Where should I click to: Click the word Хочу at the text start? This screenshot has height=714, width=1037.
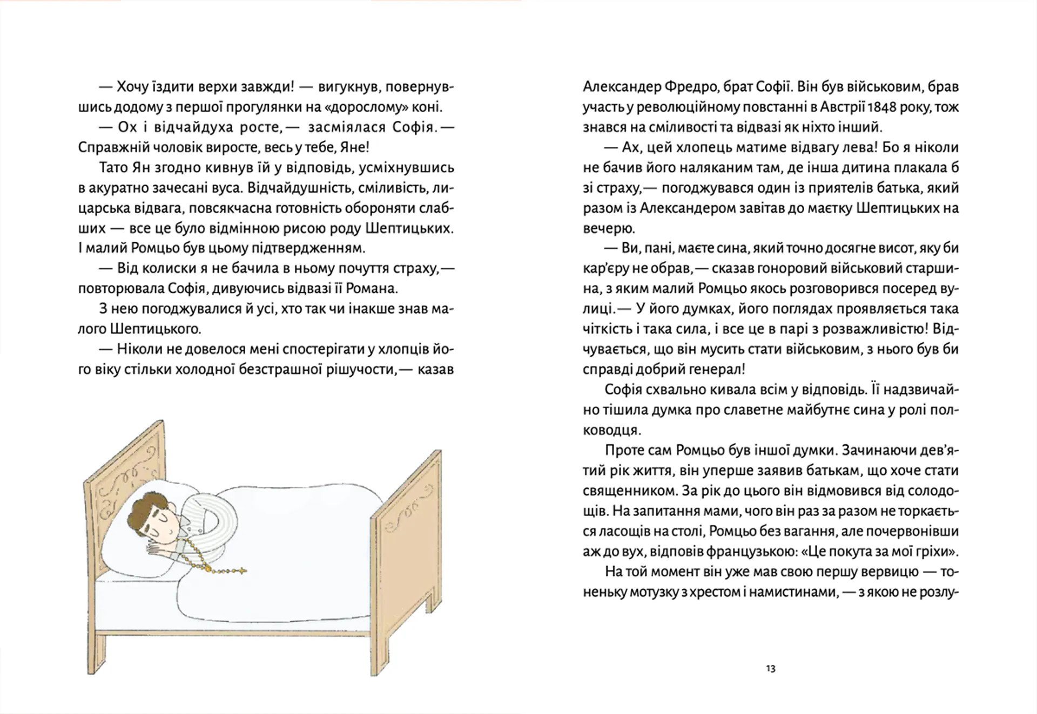click(x=133, y=87)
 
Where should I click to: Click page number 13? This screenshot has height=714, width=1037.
click(x=771, y=669)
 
